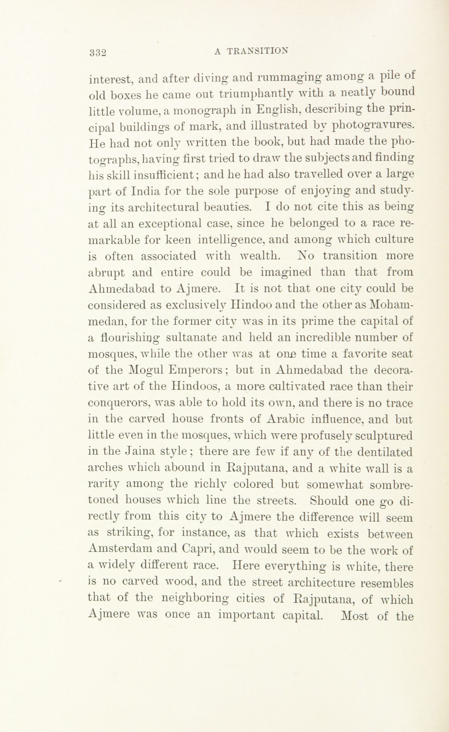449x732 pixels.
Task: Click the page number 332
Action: point(98,52)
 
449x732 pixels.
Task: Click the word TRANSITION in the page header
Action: point(257,51)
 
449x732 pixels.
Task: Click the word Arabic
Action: point(287,419)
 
